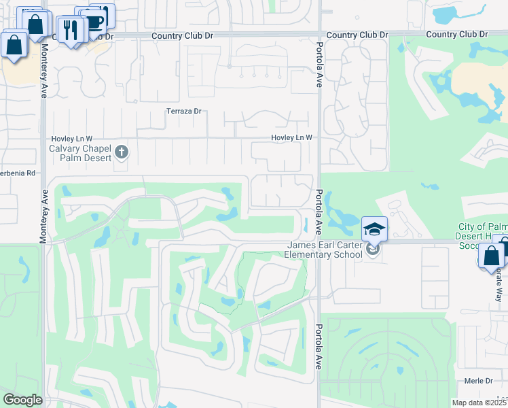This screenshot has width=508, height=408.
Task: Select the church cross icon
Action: pyautogui.click(x=122, y=151)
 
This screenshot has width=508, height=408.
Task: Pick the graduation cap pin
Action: pyautogui.click(x=374, y=228)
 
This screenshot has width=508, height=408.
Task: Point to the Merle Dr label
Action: pyautogui.click(x=479, y=381)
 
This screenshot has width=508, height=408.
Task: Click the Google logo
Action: pyautogui.click(x=22, y=400)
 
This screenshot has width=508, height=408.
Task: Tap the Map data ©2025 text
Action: pyautogui.click(x=478, y=403)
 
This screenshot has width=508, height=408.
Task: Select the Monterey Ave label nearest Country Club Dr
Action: pyautogui.click(x=44, y=68)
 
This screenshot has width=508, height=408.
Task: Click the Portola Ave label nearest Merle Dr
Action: pyautogui.click(x=318, y=346)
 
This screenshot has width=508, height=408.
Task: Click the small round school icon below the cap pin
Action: pyautogui.click(x=371, y=249)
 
